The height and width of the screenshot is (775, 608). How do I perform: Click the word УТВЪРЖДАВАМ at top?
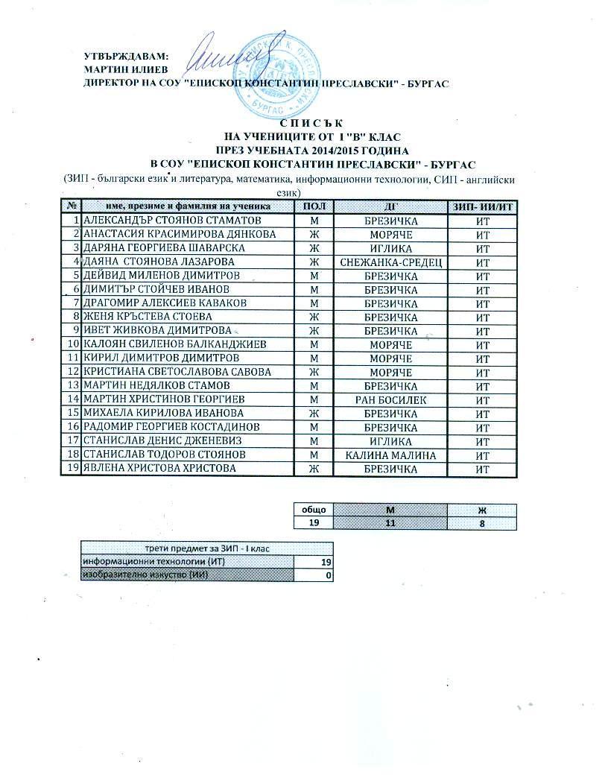click(x=126, y=56)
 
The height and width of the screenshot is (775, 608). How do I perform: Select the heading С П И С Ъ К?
click(x=311, y=124)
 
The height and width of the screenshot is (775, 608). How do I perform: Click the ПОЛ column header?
click(x=314, y=206)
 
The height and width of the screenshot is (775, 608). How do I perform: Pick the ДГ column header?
click(x=390, y=206)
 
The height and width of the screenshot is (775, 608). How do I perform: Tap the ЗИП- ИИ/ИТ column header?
click(x=482, y=206)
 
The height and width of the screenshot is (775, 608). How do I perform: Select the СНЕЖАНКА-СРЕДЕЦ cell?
click(x=390, y=262)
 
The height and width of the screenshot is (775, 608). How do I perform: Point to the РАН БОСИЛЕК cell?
click(x=390, y=400)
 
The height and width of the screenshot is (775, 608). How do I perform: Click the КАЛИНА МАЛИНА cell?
click(x=390, y=455)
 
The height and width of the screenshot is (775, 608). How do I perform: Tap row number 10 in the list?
click(x=73, y=345)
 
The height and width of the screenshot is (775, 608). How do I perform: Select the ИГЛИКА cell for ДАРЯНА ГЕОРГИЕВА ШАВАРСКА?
click(x=390, y=248)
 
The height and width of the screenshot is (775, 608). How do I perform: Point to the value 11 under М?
click(x=389, y=523)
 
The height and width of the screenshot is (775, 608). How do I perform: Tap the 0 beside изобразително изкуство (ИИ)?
click(x=326, y=575)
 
